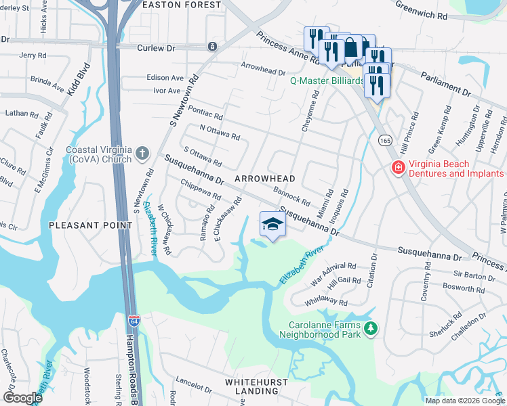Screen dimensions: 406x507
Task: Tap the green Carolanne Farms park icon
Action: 370,329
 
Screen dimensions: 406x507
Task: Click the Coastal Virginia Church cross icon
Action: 142,154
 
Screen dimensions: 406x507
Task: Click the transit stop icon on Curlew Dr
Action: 213,47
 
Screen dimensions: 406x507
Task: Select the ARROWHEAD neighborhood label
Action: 265,179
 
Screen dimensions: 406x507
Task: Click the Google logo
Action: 22,397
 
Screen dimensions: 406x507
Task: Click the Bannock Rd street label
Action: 291,196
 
